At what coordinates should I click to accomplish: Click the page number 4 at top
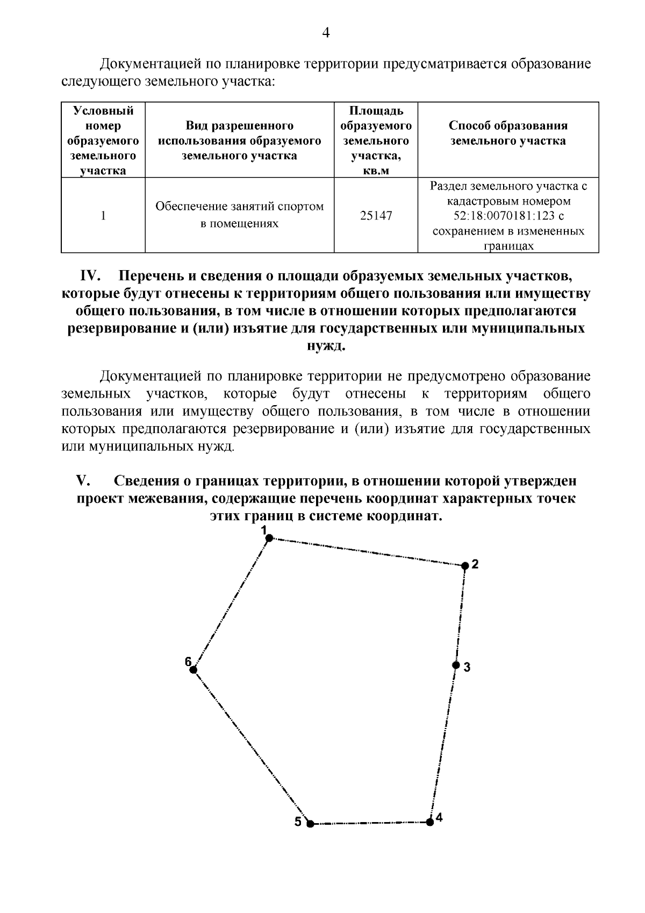pos(325,33)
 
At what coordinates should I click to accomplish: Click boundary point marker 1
pos(270,537)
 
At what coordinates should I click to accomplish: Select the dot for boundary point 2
pos(465,565)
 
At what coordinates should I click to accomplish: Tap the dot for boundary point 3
pos(455,665)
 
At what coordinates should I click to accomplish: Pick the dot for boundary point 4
pos(429,822)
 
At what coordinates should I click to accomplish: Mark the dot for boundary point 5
pos(310,823)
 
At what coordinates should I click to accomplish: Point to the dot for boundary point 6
pos(193,669)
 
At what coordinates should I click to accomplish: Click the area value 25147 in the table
pos(376,216)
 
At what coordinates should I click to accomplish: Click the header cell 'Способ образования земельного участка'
pos(508,133)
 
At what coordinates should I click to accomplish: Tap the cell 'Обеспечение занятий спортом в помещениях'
pos(239,215)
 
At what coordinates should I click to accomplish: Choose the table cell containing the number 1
pos(103,216)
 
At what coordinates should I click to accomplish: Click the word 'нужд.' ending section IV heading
pos(326,345)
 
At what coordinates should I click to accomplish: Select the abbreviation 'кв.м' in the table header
pos(376,171)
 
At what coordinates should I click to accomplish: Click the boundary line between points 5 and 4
pos(370,823)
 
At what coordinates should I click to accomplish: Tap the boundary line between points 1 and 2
pos(367,551)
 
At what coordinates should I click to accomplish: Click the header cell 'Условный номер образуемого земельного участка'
pos(103,140)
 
